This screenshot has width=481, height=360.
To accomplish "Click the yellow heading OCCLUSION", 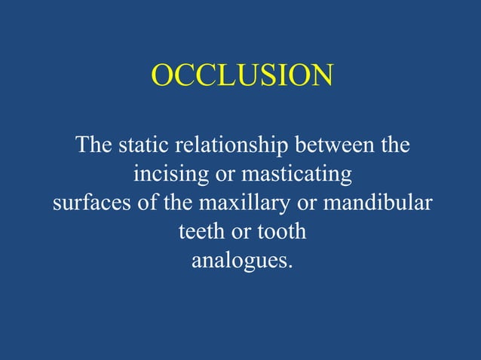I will (x=242, y=76).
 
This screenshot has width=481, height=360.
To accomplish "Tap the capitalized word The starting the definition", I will (x=93, y=145).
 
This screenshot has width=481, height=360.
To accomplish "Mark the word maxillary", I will (x=234, y=203).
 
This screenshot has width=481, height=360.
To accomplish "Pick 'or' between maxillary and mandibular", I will (x=293, y=203).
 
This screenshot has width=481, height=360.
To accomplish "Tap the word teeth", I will (x=200, y=231).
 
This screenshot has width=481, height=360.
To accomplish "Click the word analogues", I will (x=239, y=261).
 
